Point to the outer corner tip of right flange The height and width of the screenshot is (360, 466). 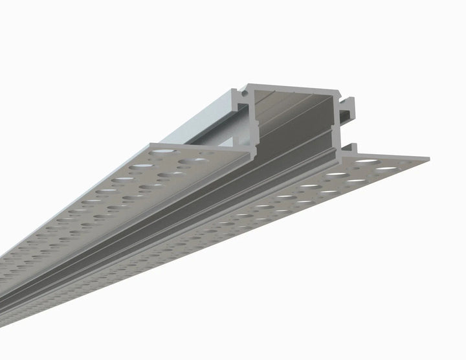click(428, 157)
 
